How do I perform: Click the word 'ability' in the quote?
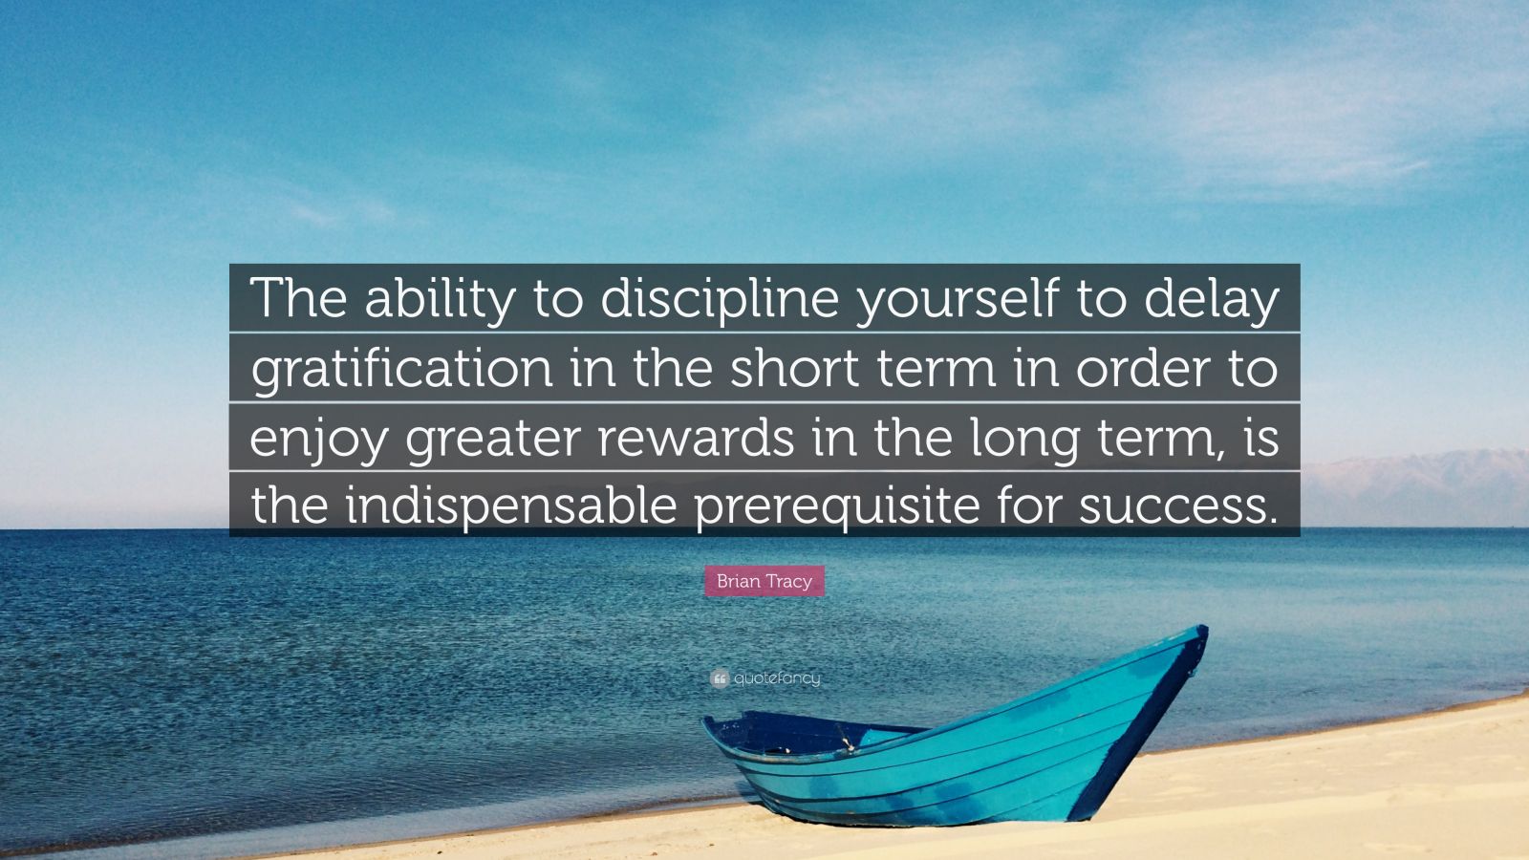click(439, 299)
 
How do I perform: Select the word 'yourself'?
click(958, 299)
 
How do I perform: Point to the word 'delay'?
click(1211, 299)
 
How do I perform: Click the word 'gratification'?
click(402, 369)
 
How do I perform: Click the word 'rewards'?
click(696, 437)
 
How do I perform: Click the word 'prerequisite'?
click(837, 507)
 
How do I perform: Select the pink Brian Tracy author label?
click(764, 581)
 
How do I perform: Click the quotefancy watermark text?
click(777, 678)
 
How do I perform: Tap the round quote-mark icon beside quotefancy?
click(720, 678)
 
